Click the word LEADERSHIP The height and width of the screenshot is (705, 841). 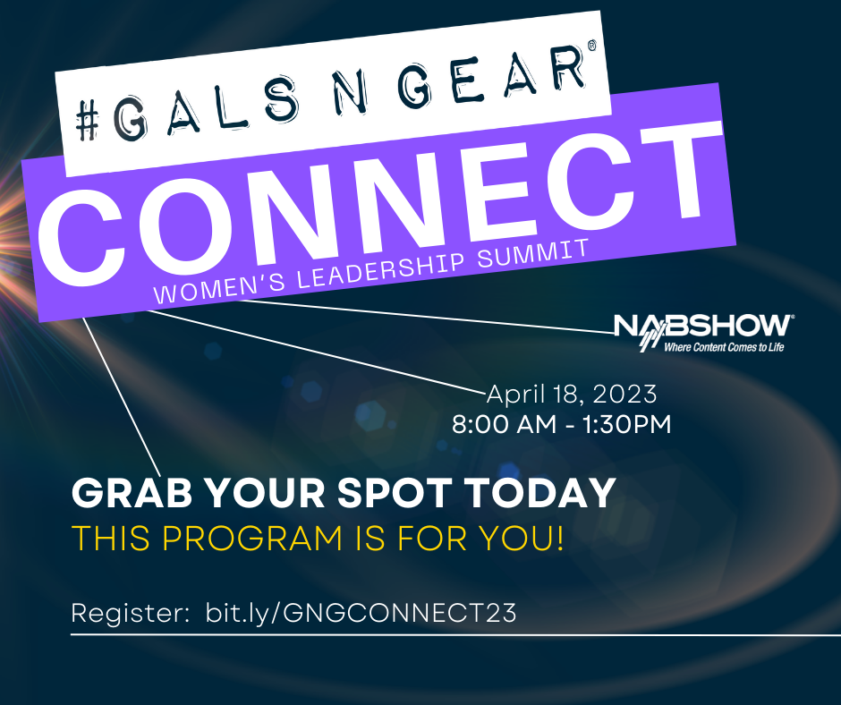(381, 269)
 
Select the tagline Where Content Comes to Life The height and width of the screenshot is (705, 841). (724, 347)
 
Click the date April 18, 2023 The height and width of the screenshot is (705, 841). (572, 395)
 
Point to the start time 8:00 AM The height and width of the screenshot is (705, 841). (505, 424)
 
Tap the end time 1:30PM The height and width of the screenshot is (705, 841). (626, 424)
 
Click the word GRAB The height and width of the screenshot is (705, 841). (132, 493)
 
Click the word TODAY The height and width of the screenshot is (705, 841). (540, 493)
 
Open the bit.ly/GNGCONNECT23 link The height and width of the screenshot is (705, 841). (361, 613)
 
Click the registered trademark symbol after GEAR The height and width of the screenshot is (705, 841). (591, 46)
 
